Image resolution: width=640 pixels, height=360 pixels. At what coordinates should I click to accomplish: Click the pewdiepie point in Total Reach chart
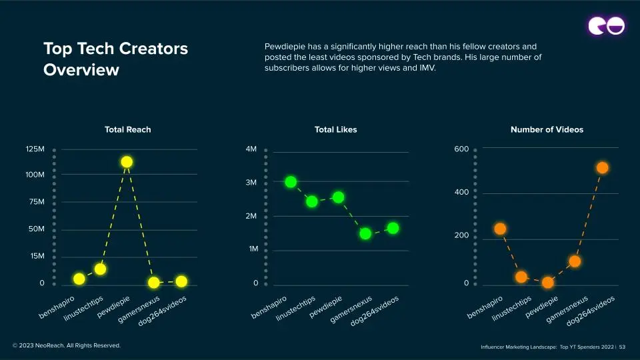click(127, 162)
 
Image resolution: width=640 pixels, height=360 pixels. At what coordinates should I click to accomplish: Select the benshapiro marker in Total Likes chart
click(291, 182)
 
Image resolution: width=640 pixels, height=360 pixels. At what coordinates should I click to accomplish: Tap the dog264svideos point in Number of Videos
click(602, 168)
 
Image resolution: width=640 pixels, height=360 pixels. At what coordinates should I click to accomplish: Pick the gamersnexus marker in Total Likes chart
click(365, 233)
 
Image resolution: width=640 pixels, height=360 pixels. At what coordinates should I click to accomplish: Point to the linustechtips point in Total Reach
click(100, 269)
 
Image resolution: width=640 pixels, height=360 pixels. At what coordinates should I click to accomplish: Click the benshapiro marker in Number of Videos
click(500, 229)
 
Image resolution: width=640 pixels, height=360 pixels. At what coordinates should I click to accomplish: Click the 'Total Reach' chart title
click(128, 129)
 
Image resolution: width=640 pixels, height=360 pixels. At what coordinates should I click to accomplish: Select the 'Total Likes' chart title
click(335, 129)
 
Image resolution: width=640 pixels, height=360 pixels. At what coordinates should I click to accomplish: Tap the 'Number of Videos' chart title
click(547, 129)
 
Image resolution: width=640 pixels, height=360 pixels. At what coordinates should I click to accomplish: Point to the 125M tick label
click(35, 149)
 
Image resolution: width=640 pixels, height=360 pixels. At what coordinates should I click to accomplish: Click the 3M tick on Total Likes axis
click(251, 183)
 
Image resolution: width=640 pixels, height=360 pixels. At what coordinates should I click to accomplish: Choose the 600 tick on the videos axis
click(461, 149)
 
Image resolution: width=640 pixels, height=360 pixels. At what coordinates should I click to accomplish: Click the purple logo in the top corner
click(606, 25)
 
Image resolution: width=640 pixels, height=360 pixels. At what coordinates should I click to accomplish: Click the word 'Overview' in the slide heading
click(81, 69)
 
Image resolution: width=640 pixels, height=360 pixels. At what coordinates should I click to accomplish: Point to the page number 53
click(623, 347)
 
